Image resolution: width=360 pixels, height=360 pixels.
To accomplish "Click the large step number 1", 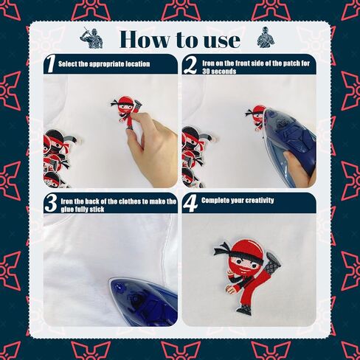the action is (x=51, y=64).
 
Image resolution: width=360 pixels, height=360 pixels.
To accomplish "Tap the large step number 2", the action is (x=190, y=65).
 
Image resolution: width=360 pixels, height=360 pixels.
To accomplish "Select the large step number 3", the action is (x=52, y=203).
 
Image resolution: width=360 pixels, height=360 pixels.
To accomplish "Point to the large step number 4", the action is (x=190, y=203).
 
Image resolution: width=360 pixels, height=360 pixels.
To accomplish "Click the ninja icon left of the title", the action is (x=91, y=38).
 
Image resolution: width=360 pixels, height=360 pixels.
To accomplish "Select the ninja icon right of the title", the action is (x=266, y=37).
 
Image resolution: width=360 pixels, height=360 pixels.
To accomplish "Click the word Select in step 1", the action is (x=68, y=64).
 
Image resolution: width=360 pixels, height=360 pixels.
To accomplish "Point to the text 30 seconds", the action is (x=219, y=72).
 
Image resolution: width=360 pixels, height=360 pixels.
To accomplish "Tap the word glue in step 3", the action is (x=69, y=210).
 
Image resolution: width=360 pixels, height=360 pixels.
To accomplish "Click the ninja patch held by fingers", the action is (x=126, y=111).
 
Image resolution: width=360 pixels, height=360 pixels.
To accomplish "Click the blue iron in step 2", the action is (x=288, y=145).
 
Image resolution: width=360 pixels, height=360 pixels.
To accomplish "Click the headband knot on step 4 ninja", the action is (x=222, y=249).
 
